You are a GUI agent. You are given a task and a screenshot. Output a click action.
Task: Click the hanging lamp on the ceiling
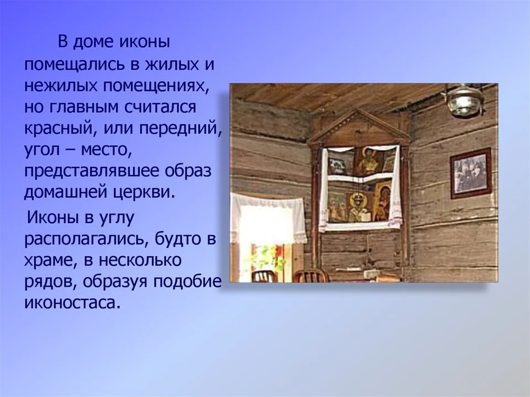[464, 100]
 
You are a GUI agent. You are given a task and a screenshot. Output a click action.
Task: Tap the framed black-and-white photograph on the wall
[470, 173]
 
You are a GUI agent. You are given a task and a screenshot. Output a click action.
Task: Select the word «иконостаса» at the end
[72, 303]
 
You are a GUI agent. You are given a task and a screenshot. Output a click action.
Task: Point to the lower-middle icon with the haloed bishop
[359, 207]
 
